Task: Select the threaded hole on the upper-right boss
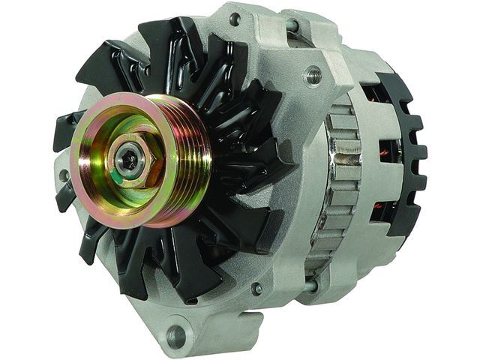point(313,74)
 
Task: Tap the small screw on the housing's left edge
point(64,176)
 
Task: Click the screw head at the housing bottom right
point(256,289)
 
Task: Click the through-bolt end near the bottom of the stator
point(310,286)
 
